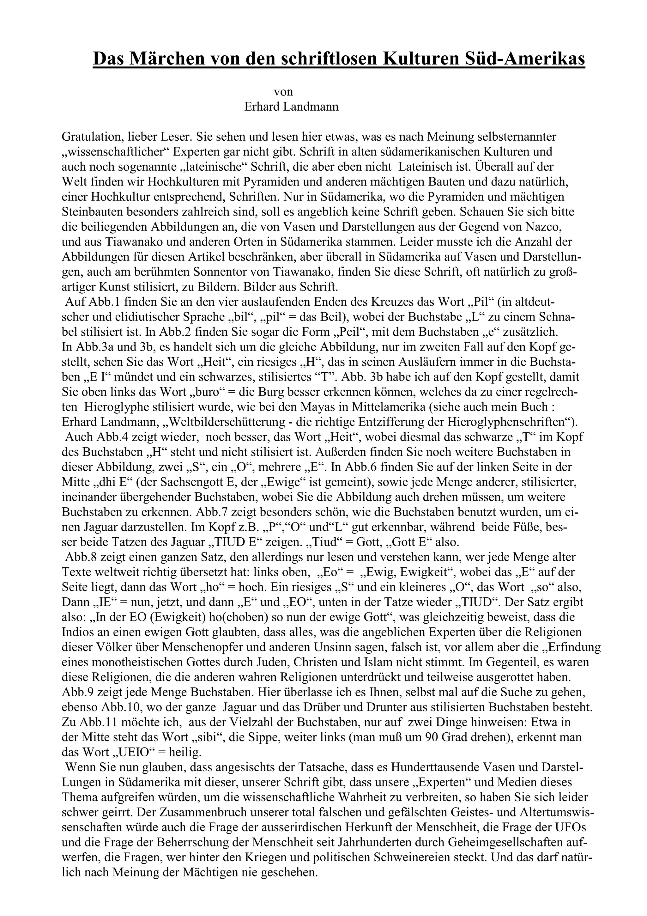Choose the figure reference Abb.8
coord(81,557)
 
